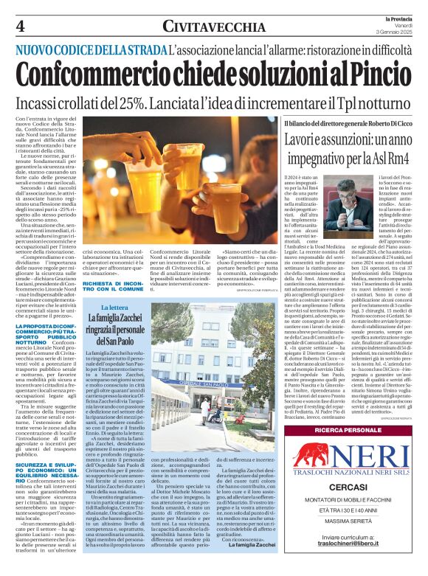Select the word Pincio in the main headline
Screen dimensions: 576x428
coord(370,74)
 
